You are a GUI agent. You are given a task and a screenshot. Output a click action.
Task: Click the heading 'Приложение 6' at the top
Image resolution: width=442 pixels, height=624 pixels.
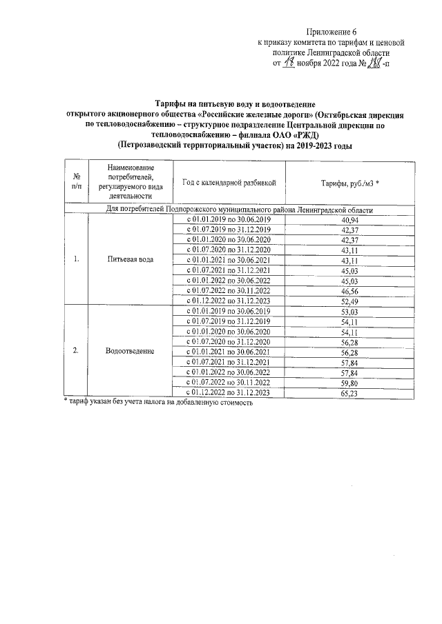pos(332,32)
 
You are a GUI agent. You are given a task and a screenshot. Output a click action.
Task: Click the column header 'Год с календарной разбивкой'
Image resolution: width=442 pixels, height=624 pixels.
pos(229,182)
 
